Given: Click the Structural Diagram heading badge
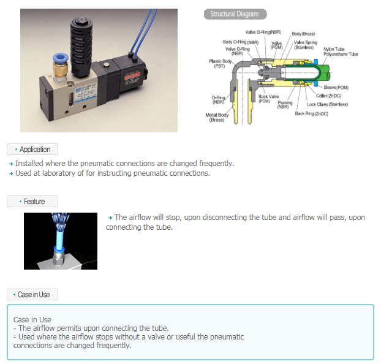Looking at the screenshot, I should coord(235,14).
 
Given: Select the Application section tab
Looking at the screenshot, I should coord(32,150).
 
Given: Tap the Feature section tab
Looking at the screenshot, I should coord(32,202).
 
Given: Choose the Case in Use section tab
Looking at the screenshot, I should coord(32,295).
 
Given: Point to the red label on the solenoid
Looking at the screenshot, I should coord(138,78).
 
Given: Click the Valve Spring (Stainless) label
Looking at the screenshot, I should coord(306,45).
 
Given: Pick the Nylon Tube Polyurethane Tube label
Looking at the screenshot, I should coord(341,51).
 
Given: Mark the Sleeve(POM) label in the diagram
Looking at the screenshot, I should coord(336,88).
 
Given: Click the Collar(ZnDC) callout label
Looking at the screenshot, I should coord(328,96).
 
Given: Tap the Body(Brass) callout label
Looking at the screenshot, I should coord(303,33).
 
